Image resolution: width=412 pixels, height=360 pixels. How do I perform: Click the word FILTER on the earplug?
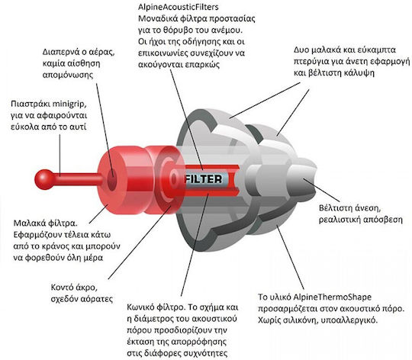pyautogui.click(x=204, y=179)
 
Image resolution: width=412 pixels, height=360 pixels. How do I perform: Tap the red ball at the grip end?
pyautogui.click(x=44, y=179)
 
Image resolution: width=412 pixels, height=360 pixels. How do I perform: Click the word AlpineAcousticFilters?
pyautogui.click(x=179, y=7)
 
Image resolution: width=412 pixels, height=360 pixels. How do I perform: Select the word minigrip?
pyautogui.click(x=69, y=104)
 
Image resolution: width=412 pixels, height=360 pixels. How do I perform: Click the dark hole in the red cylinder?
pyautogui.click(x=111, y=179)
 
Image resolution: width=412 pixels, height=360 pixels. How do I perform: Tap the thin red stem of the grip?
pyautogui.click(x=78, y=179)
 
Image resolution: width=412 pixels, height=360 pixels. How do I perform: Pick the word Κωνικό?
pyautogui.click(x=141, y=307)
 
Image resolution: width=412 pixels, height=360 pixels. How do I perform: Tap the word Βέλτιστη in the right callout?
pyautogui.click(x=336, y=207)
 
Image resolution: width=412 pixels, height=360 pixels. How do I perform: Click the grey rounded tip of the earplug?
pyautogui.click(x=303, y=179)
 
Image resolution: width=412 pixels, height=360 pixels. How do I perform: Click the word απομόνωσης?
pyautogui.click(x=68, y=76)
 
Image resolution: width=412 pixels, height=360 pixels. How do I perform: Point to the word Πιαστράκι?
pyautogui.click(x=31, y=104)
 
